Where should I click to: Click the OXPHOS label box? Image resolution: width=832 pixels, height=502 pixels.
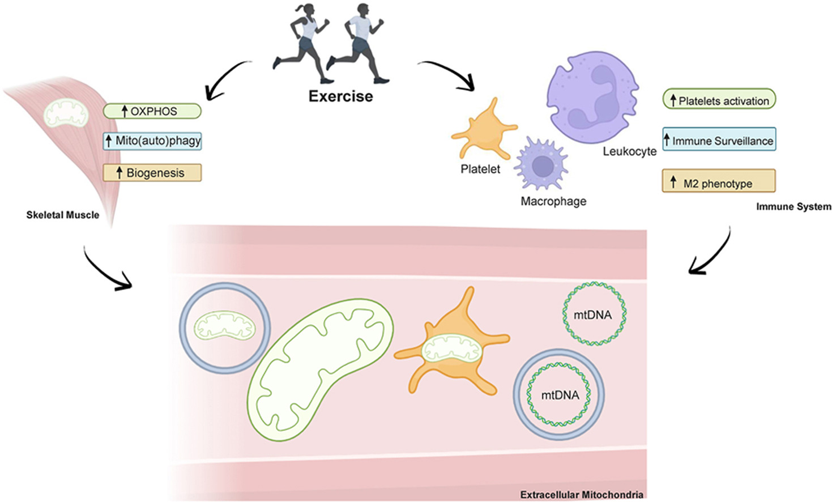(152, 111)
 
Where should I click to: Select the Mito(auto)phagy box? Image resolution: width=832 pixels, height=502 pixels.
(152, 141)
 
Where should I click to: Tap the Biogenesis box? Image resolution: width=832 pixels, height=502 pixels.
(152, 173)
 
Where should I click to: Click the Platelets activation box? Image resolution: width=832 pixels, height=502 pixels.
(719, 100)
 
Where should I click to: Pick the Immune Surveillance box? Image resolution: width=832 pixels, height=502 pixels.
(719, 140)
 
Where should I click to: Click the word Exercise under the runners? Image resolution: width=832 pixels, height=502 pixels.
(340, 96)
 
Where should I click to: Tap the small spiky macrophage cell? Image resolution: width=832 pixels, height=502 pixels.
(541, 165)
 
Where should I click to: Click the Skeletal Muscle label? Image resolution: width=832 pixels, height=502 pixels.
(62, 215)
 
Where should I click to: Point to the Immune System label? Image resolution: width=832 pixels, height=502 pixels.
(793, 207)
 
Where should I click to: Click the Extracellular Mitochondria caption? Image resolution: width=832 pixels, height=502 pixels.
(581, 495)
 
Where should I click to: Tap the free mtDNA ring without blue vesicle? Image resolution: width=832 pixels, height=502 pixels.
(594, 314)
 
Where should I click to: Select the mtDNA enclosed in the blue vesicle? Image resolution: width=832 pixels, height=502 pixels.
(559, 394)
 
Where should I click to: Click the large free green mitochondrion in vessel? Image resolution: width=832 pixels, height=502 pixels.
(320, 368)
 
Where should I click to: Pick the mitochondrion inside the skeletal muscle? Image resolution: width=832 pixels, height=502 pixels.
(67, 113)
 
